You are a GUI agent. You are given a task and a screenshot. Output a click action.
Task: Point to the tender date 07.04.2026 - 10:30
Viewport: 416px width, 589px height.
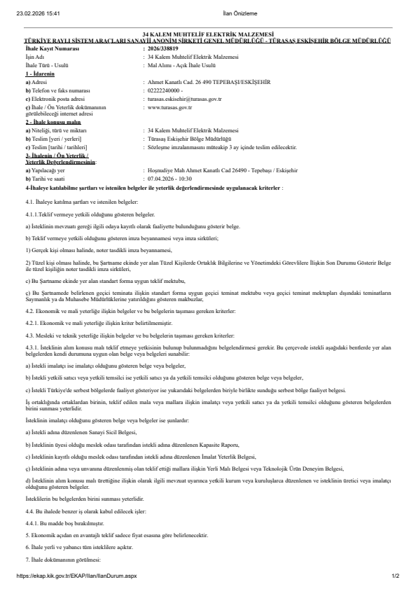(171, 161)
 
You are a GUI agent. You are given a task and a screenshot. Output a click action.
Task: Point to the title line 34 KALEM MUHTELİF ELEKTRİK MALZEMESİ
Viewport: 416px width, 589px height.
(208, 34)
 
